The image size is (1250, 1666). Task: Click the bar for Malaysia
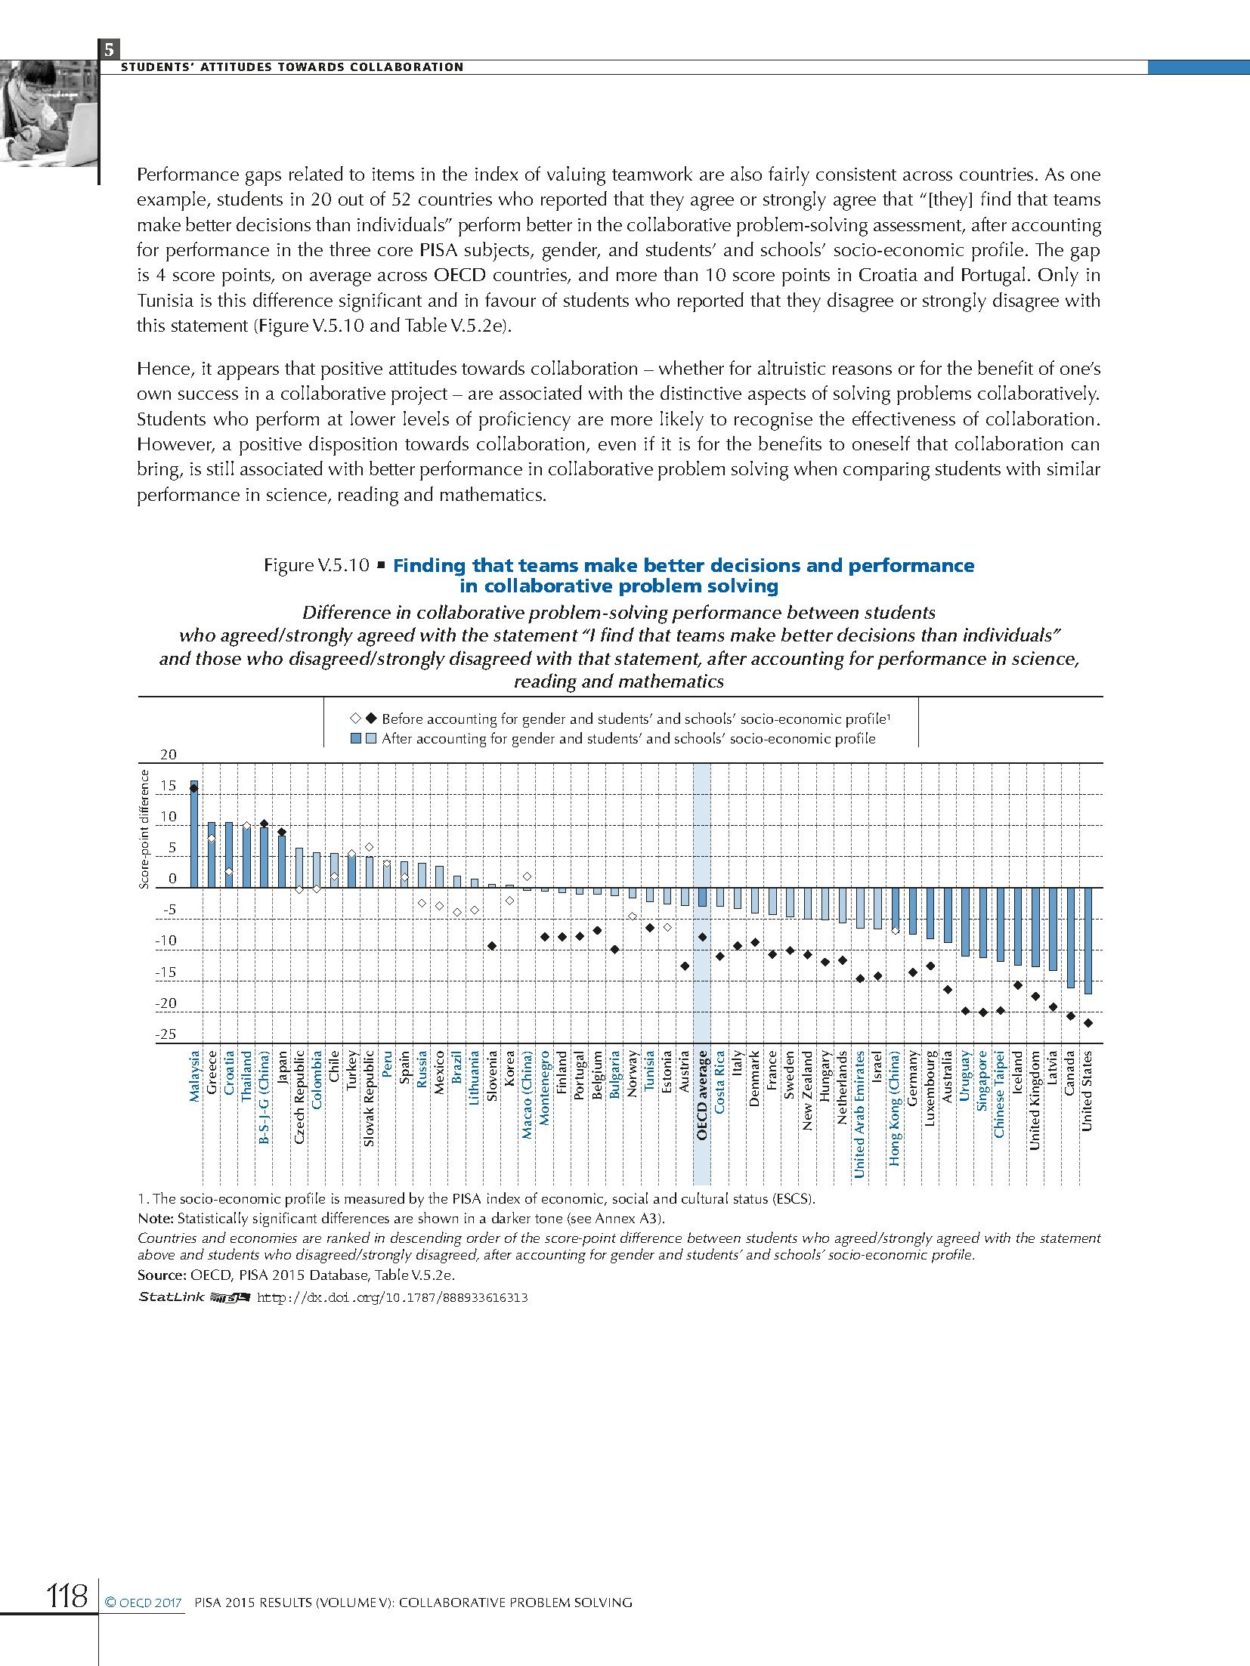pyautogui.click(x=194, y=834)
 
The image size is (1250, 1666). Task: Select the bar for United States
pyautogui.click(x=1088, y=940)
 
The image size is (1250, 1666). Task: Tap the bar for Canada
pyautogui.click(x=1070, y=937)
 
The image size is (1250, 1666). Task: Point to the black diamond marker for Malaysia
pyautogui.click(x=194, y=788)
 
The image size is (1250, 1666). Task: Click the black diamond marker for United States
pyautogui.click(x=1088, y=1023)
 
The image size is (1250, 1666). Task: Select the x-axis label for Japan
pyautogui.click(x=283, y=1068)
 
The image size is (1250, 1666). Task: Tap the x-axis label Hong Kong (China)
pyautogui.click(x=895, y=1108)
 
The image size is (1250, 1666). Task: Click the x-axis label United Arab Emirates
pyautogui.click(x=859, y=1114)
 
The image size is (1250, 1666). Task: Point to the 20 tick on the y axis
pyautogui.click(x=168, y=755)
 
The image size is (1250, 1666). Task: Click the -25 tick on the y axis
pyautogui.click(x=166, y=1035)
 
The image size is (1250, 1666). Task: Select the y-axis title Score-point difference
pyautogui.click(x=144, y=829)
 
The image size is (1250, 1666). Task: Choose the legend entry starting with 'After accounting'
pyautogui.click(x=628, y=739)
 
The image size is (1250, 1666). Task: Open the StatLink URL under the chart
pyautogui.click(x=392, y=1297)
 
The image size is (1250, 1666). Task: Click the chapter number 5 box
pyautogui.click(x=109, y=50)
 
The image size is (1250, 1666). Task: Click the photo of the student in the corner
pyautogui.click(x=49, y=113)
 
